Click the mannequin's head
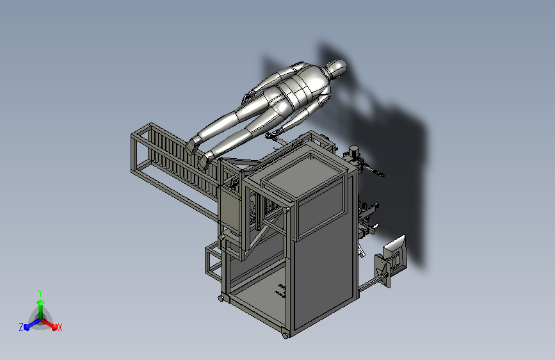click(336, 68)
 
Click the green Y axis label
click(40, 293)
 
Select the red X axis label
click(60, 328)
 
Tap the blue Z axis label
click(21, 327)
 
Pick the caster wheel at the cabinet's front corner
click(286, 335)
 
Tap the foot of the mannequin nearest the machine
click(204, 161)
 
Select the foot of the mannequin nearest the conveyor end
click(192, 145)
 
